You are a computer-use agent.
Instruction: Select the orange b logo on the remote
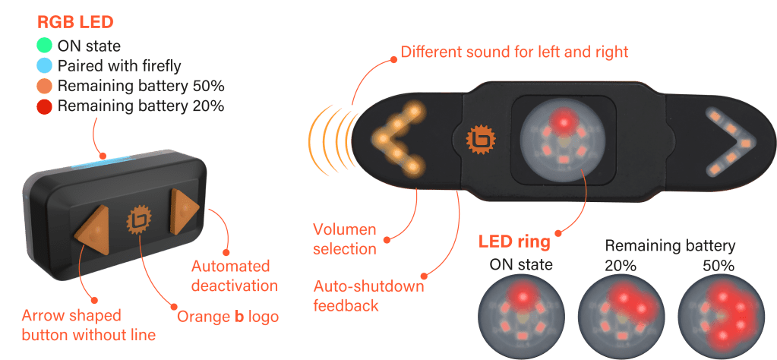(139, 219)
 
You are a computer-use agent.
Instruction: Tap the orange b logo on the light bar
(480, 137)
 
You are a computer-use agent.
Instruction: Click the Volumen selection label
(345, 238)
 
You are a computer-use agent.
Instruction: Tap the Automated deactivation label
(230, 276)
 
